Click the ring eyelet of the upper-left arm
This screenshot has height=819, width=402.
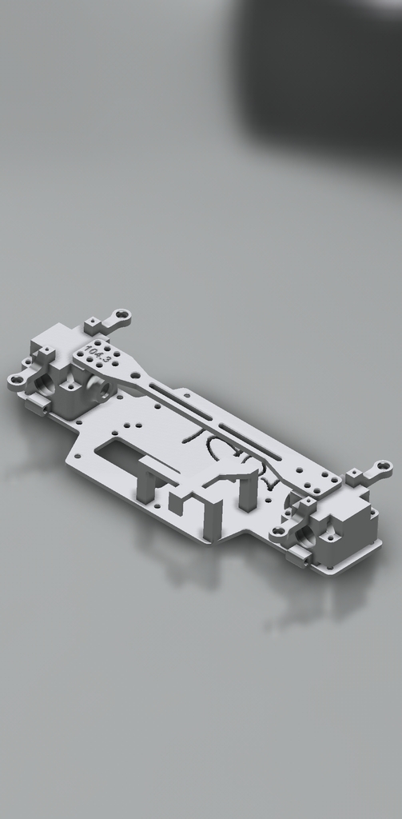[122, 317]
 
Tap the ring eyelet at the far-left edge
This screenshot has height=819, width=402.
[16, 380]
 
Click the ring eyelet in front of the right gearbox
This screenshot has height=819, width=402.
[280, 531]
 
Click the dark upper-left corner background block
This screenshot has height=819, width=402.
[320, 72]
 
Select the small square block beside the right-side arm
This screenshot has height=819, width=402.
[354, 478]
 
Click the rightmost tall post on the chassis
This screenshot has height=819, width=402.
[249, 492]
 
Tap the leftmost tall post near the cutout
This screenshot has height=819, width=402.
[145, 486]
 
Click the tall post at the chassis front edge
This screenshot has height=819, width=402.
[213, 517]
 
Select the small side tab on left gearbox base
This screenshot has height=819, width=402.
[37, 405]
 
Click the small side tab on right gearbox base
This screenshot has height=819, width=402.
[297, 556]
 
